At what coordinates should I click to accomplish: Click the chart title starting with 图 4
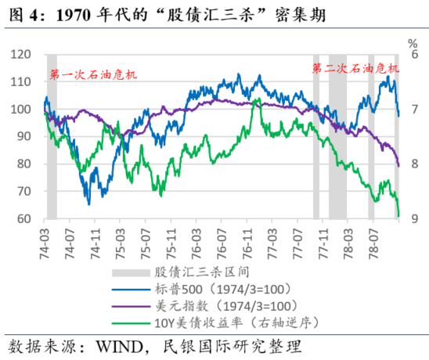(157, 13)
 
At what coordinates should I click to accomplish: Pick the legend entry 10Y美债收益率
(226, 322)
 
